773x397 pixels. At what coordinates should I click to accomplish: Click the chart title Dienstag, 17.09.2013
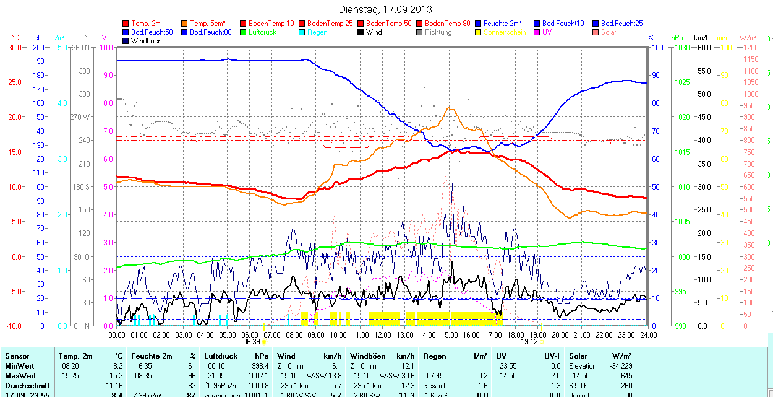385,9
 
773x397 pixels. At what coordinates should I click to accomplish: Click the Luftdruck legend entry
262,32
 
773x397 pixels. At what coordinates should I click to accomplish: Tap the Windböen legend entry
146,41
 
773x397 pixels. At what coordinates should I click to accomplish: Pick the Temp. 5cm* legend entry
207,24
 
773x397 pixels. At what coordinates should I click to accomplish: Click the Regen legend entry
317,32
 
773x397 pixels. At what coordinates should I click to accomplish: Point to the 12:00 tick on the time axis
382,334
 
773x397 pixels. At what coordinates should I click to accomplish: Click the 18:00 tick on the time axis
515,334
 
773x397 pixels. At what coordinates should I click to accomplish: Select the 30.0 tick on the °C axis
14,47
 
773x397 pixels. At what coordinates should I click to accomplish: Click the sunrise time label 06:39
251,341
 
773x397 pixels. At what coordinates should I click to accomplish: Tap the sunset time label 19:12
529,341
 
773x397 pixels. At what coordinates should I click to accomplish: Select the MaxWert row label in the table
20,376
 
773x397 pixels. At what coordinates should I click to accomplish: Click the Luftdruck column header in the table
221,356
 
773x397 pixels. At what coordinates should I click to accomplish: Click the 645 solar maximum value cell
626,376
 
